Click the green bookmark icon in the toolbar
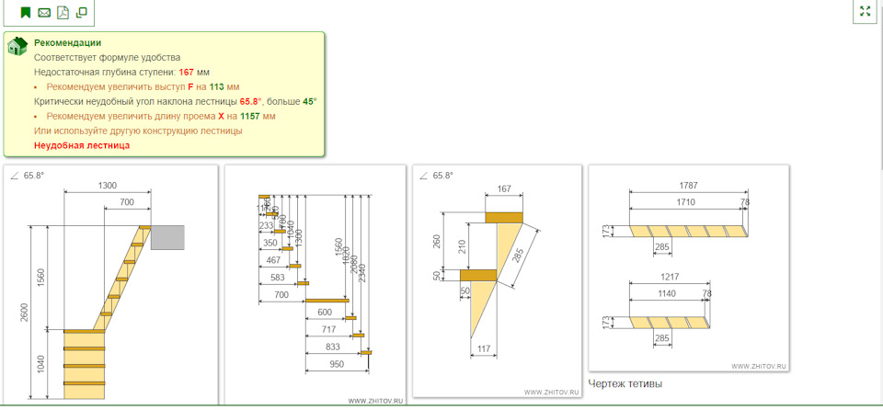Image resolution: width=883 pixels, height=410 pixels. [x=25, y=13]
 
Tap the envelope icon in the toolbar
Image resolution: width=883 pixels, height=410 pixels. [x=44, y=13]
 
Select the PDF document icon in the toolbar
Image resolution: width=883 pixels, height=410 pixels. [x=63, y=13]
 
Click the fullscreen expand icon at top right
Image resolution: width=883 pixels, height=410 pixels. [x=864, y=12]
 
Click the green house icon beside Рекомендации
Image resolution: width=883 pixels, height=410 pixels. [x=17, y=47]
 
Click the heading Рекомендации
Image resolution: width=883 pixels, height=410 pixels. [x=67, y=42]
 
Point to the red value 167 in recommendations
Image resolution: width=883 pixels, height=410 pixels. [x=186, y=72]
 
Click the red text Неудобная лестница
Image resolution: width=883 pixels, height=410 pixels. [x=82, y=145]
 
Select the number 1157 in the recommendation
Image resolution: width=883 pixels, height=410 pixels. [x=248, y=116]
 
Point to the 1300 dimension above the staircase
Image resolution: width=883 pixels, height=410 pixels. [x=107, y=186]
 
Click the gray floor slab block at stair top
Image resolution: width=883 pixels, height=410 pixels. [x=167, y=236]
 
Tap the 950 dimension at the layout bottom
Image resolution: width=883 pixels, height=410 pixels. [x=336, y=364]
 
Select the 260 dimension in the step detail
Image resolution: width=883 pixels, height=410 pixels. [x=437, y=241]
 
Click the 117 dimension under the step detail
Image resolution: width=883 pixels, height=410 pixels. [x=486, y=348]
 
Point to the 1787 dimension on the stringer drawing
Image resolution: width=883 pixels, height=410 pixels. [x=687, y=186]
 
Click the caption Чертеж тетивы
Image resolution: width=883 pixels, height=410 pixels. [x=625, y=383]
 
